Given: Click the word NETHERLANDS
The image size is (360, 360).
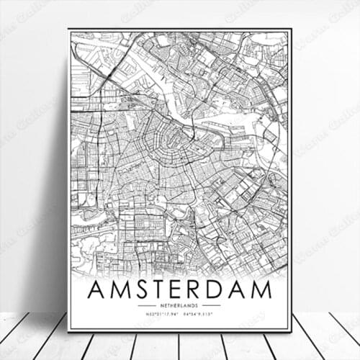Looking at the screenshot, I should tap(179, 306).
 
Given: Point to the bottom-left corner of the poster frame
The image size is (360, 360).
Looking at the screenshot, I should tap(69, 330).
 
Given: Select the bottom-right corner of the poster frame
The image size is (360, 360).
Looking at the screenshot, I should tap(291, 330).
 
